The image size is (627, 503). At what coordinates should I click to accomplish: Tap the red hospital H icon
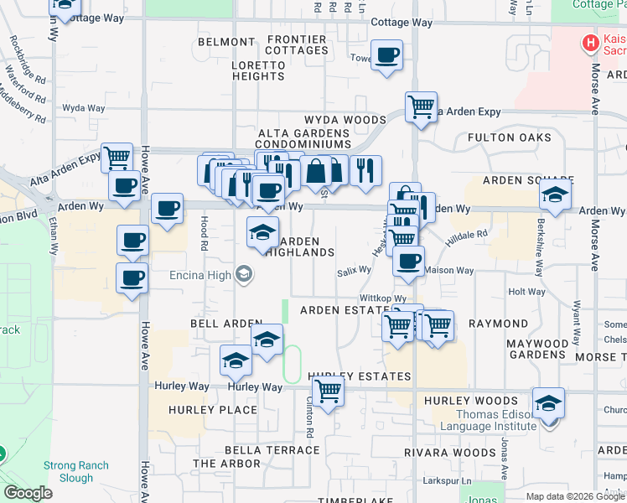coord(591,42)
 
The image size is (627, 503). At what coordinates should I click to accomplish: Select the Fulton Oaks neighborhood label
coord(510,137)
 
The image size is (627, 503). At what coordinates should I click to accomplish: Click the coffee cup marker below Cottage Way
coord(386,57)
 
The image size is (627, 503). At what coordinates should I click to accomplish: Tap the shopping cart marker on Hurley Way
coord(329,391)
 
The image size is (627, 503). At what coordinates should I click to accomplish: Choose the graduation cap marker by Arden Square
coord(554,197)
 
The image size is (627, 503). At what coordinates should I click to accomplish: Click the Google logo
coord(28,493)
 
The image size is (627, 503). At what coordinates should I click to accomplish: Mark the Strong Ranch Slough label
coord(76,471)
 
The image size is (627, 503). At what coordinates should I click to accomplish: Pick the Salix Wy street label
coord(354,270)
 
